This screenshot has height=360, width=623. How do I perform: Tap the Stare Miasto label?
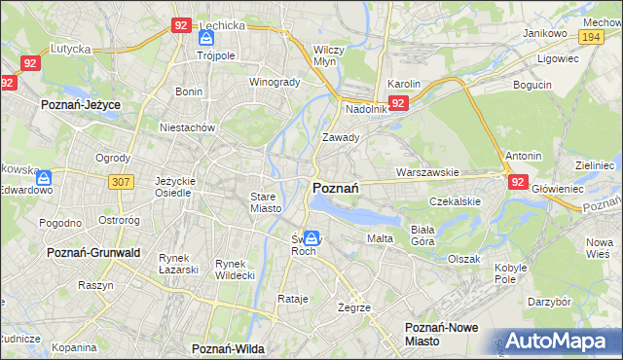pyautogui.click(x=265, y=202)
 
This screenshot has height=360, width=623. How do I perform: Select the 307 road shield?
pyautogui.click(x=121, y=181)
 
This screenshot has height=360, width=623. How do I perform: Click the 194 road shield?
pyautogui.click(x=590, y=36)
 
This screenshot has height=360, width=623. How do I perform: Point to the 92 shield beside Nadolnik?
pyautogui.click(x=397, y=102)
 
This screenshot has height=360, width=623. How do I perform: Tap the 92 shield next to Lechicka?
pyautogui.click(x=180, y=26)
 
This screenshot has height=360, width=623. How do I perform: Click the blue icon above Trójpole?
pyautogui.click(x=206, y=39)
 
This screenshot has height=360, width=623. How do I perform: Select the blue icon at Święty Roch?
pyautogui.click(x=311, y=237)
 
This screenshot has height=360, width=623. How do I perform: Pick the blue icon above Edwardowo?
pyautogui.click(x=44, y=178)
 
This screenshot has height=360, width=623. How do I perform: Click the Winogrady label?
pyautogui.click(x=275, y=82)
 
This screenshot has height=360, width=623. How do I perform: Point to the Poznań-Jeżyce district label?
pyautogui.click(x=80, y=102)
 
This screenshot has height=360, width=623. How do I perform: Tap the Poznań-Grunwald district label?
pyautogui.click(x=94, y=252)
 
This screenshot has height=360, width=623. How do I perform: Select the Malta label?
pyautogui.click(x=379, y=238)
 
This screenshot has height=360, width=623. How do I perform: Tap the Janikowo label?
pyautogui.click(x=544, y=32)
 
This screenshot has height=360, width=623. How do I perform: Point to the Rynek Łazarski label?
pyautogui.click(x=178, y=264)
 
